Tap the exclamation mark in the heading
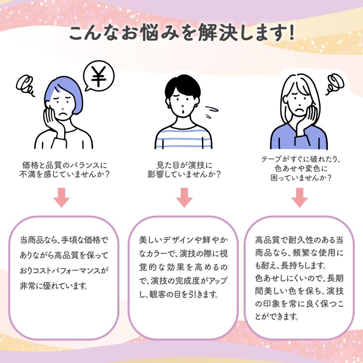coord(289,33)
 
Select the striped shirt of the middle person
coord(184,137)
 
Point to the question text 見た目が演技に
coord(184,166)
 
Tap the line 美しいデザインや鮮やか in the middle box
coord(183,240)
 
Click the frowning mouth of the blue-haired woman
coord(63,115)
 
